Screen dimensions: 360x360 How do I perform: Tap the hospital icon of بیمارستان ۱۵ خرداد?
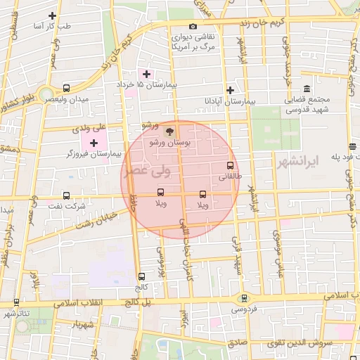click(147, 74)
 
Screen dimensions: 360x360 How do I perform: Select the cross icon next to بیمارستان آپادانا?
click(230, 90)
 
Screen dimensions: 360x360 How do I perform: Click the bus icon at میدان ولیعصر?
click(66, 89)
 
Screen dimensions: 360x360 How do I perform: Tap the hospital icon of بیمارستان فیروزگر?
click(94, 143)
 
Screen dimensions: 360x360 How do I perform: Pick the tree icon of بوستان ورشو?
click(168, 131)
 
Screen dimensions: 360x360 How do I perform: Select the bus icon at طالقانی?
click(230, 167)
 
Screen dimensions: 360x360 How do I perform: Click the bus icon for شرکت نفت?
click(66, 195)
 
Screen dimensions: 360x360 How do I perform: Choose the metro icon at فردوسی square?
click(244, 297)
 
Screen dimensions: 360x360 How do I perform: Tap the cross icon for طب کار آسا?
click(52, 15)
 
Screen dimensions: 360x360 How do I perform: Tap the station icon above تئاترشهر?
click(16, 302)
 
